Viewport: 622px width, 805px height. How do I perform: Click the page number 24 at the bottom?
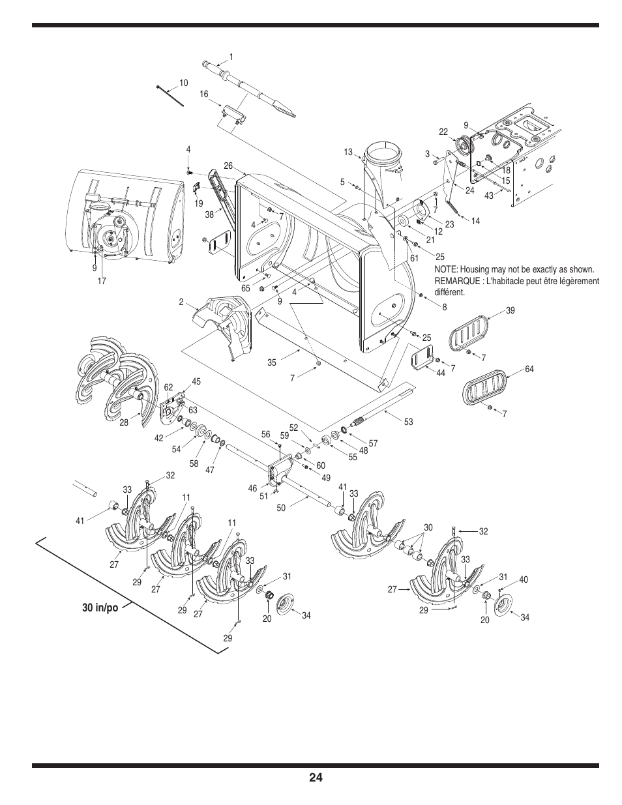click(316, 778)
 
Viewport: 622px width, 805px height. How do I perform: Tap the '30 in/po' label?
click(100, 607)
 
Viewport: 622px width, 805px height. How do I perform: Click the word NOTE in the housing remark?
click(447, 270)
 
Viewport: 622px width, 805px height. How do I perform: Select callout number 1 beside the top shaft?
click(231, 57)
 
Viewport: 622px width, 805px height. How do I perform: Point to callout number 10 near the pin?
click(183, 83)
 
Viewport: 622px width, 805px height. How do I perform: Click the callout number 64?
click(529, 370)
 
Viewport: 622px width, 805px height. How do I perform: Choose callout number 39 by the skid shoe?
click(510, 311)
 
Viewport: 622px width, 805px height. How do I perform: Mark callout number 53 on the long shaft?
click(408, 422)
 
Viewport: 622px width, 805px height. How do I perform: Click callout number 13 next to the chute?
click(348, 153)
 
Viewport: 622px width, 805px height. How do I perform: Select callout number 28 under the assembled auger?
click(124, 422)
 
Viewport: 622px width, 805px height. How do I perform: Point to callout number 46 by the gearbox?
click(252, 488)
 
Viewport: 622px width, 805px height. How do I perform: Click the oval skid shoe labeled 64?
click(484, 388)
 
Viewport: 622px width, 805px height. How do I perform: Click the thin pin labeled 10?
click(171, 95)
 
